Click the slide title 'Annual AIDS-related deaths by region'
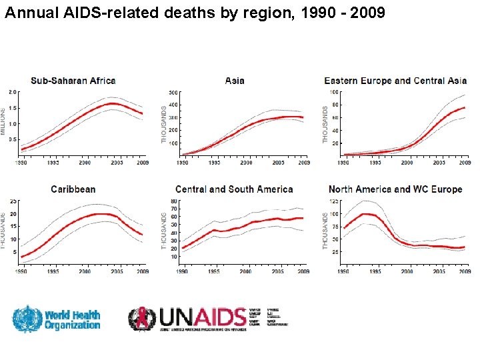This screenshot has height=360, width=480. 194,13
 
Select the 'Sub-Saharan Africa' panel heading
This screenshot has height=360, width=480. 73,81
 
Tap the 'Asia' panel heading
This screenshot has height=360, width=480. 235,81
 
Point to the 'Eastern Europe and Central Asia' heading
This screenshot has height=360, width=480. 395,81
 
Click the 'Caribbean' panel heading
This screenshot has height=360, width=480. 73,189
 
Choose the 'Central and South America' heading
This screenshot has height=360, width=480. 234,189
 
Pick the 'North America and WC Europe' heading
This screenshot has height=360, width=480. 395,189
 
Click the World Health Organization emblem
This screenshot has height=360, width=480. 27,319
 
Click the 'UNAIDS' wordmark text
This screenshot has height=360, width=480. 201,317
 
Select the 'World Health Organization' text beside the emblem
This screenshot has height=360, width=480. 73,319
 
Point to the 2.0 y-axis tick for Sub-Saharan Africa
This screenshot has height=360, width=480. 13,92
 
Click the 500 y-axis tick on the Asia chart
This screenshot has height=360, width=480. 173,92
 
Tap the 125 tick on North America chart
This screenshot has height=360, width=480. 334,201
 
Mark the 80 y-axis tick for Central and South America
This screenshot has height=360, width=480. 174,201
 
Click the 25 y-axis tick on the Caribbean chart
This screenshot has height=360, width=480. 13,201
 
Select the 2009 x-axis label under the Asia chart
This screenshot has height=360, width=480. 303,163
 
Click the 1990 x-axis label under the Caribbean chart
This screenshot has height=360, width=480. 22,271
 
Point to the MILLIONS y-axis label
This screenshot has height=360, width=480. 3,121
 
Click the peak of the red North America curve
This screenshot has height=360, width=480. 365,214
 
